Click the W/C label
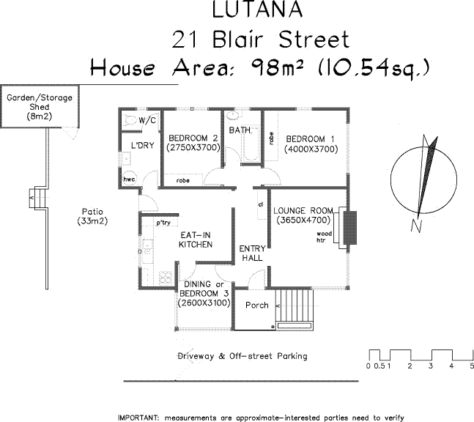[148, 119]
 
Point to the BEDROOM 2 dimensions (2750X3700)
[193, 147]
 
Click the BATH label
[240, 130]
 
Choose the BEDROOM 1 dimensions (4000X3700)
[311, 148]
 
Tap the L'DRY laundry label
[142, 145]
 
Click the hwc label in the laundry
[130, 179]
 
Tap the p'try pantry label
[162, 221]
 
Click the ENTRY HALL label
[252, 253]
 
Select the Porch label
[256, 306]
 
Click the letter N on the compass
[415, 226]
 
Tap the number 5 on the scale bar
[472, 365]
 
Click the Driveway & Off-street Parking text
[243, 356]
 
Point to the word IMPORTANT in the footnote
[137, 416]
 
